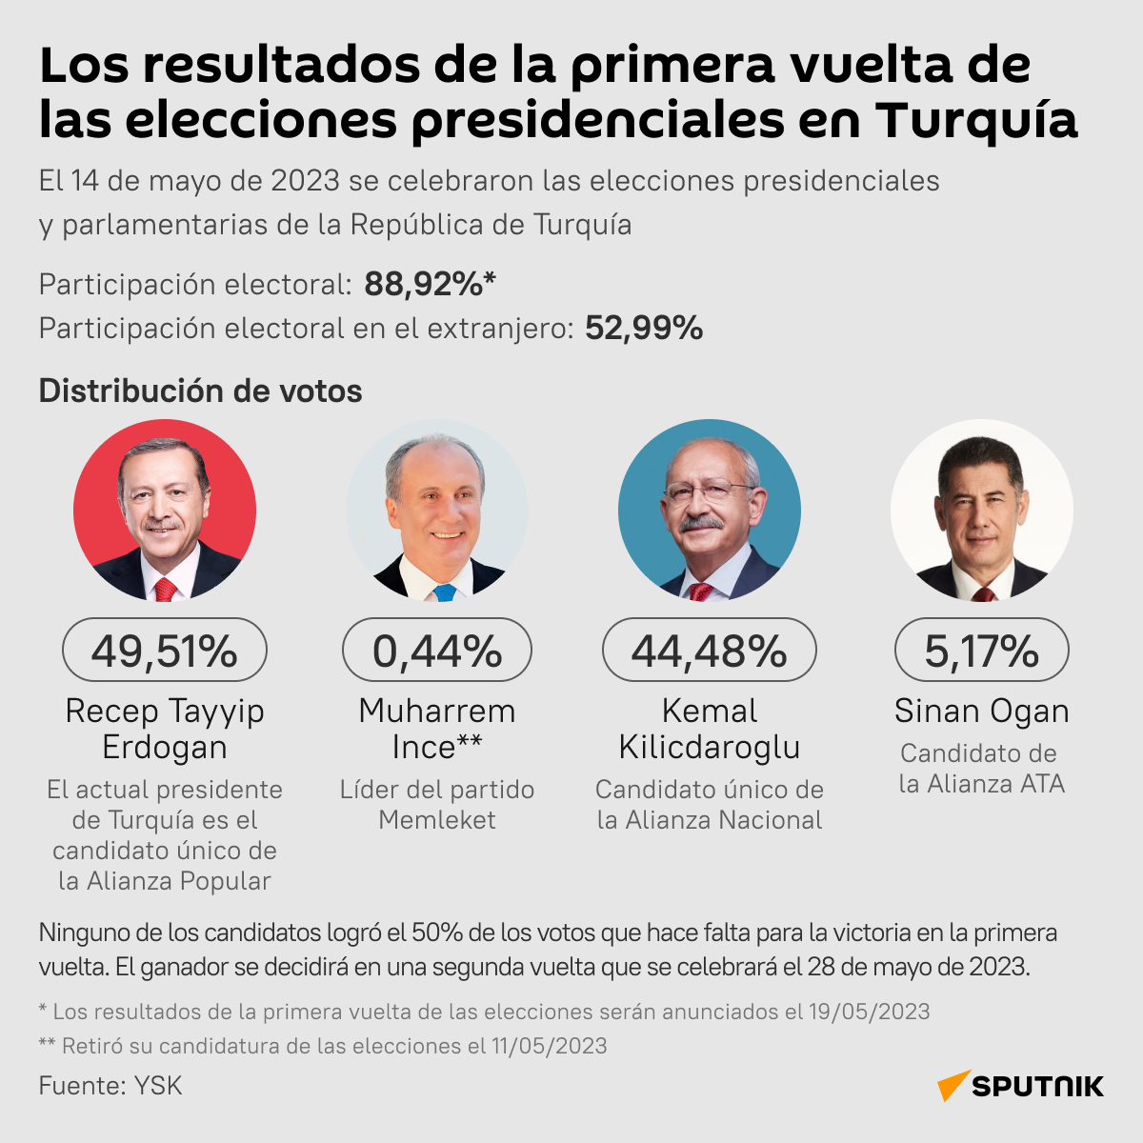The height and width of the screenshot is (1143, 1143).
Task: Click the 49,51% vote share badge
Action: [x=165, y=651]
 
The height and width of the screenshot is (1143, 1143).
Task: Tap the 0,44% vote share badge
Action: [x=437, y=651]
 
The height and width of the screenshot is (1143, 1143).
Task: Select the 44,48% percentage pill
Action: [x=710, y=651]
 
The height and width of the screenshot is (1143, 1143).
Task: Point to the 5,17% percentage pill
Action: [x=982, y=651]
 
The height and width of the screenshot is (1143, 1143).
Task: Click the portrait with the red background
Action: [x=165, y=511]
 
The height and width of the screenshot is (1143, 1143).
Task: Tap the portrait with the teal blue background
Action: [x=710, y=511]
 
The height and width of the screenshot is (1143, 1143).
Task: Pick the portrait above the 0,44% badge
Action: [x=437, y=511]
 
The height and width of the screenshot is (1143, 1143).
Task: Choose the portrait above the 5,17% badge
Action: [x=982, y=511]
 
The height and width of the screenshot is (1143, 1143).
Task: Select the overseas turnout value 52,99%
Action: [x=644, y=328]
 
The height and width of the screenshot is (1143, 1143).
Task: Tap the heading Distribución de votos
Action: [x=200, y=391]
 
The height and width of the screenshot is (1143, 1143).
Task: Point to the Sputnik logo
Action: [x=1021, y=1086]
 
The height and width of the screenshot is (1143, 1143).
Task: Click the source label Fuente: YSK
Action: [x=110, y=1086]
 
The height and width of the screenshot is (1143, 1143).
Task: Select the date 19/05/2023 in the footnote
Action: [x=869, y=1012]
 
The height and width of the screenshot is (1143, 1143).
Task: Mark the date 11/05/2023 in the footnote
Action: [x=549, y=1046]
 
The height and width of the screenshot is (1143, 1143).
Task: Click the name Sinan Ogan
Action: [x=982, y=711]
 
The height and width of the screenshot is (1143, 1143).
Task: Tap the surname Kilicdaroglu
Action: [x=710, y=748]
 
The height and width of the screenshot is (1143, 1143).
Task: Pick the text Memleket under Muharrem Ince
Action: [x=437, y=820]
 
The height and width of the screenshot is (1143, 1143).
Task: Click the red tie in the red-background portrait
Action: [x=165, y=589]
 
